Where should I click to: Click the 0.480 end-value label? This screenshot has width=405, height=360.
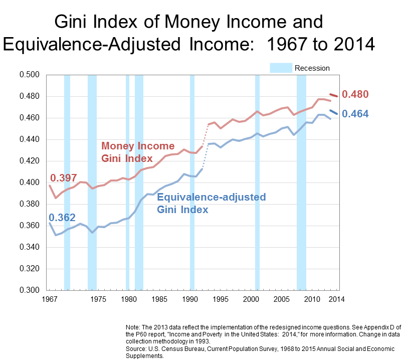pyautogui.click(x=355, y=94)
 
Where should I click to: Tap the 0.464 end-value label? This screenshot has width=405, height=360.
pyautogui.click(x=355, y=114)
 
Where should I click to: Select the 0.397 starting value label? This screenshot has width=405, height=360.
pyautogui.click(x=63, y=178)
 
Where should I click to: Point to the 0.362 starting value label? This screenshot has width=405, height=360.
pyautogui.click(x=62, y=218)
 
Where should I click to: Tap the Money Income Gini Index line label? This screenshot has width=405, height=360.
pyautogui.click(x=138, y=152)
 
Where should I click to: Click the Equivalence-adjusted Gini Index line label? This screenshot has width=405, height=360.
pyautogui.click(x=211, y=203)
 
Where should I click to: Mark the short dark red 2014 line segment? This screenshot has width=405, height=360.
pyautogui.click(x=333, y=95)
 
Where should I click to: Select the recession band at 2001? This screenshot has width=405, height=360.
pyautogui.click(x=257, y=201)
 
